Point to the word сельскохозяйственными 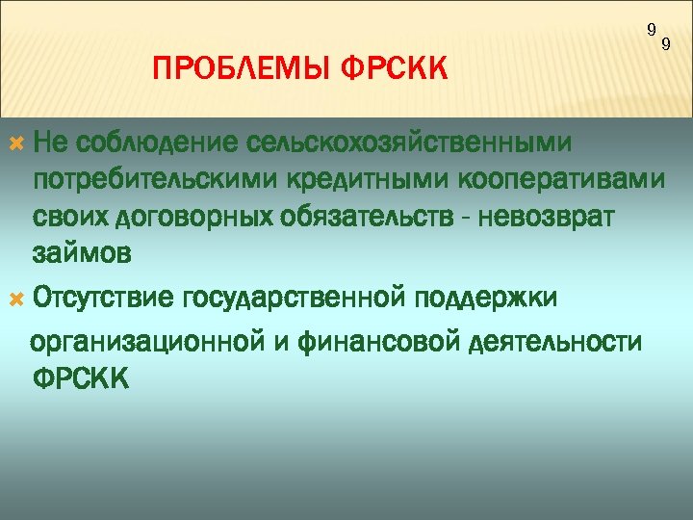tap(408, 143)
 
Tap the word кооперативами tap(549, 181)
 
